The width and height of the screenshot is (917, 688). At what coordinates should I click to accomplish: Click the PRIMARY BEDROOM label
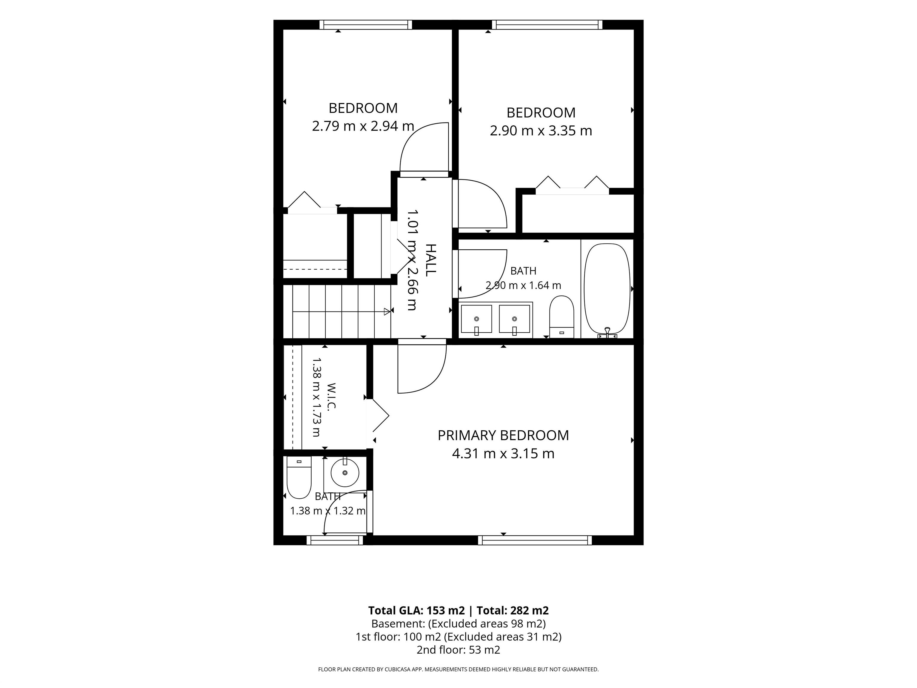pyautogui.click(x=503, y=435)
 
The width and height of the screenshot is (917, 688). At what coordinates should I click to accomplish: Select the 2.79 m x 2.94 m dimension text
pyautogui.click(x=363, y=126)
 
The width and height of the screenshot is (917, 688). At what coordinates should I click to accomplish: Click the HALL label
pyautogui.click(x=431, y=260)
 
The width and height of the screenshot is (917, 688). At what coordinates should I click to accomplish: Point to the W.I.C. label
pyautogui.click(x=331, y=397)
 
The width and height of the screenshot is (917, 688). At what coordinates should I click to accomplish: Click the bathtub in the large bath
pyautogui.click(x=607, y=289)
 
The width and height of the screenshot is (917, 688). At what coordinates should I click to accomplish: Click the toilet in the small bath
pyautogui.click(x=299, y=478)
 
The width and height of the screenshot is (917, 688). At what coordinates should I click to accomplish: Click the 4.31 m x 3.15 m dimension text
pyautogui.click(x=503, y=454)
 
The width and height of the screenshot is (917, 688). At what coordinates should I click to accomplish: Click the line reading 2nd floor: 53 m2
pyautogui.click(x=458, y=650)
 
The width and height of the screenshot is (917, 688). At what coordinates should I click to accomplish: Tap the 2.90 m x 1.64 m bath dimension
pyautogui.click(x=523, y=285)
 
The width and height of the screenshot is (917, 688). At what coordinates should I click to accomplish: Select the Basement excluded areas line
pyautogui.click(x=458, y=624)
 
